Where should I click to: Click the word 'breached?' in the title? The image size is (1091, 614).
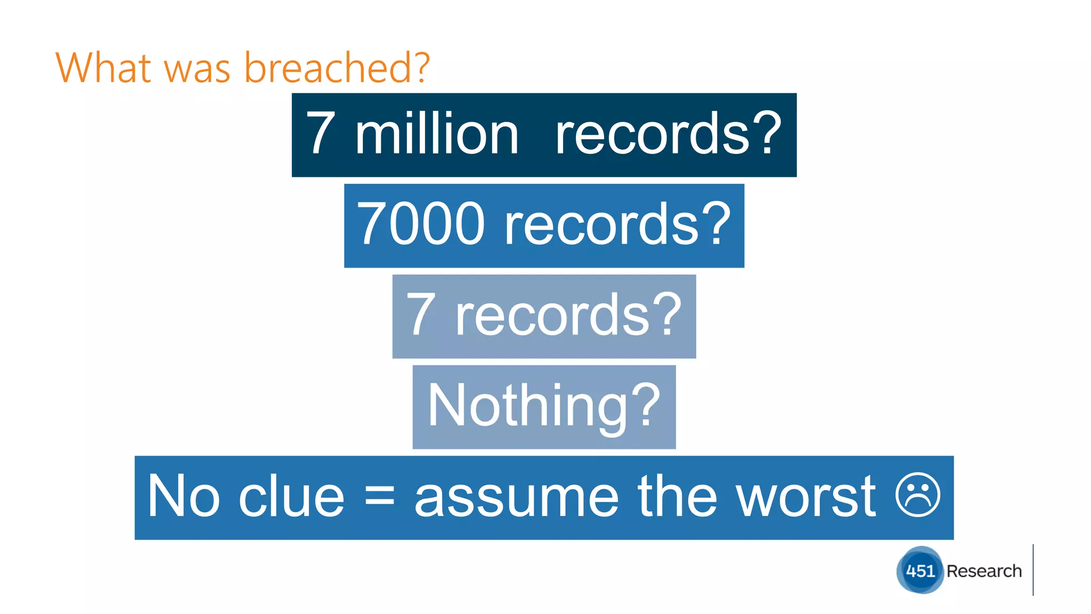coord(337,68)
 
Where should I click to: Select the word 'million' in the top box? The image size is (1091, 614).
coord(436,135)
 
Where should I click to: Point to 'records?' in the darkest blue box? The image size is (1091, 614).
coord(669,135)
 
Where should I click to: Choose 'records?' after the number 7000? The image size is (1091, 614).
coord(618,225)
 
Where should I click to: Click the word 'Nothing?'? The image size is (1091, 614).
coord(544,407)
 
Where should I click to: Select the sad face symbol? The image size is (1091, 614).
coord(918,495)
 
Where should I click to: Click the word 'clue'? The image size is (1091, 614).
coord(291,497)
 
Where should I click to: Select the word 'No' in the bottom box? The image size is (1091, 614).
coord(183,497)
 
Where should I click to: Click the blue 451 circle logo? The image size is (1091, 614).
coord(920,570)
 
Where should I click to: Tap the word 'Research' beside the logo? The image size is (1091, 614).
coord(984,571)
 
